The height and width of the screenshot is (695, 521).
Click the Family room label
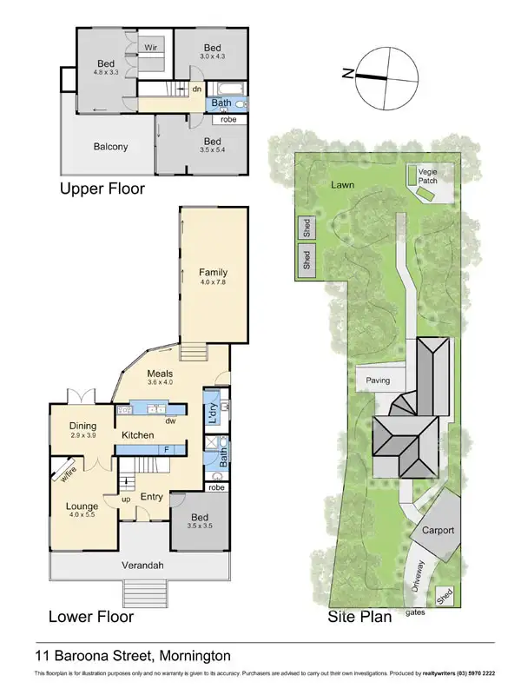[213, 272]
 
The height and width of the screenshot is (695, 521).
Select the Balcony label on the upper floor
[110, 147]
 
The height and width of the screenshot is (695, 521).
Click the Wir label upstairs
[150, 48]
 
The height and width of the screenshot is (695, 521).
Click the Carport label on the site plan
[439, 530]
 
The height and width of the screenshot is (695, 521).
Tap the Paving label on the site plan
[378, 381]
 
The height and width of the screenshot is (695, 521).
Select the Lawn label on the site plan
[341, 185]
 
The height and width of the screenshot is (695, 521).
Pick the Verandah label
[140, 566]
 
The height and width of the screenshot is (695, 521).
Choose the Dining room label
[83, 426]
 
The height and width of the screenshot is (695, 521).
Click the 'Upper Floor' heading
[102, 189]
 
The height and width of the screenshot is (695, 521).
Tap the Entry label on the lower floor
[152, 497]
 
